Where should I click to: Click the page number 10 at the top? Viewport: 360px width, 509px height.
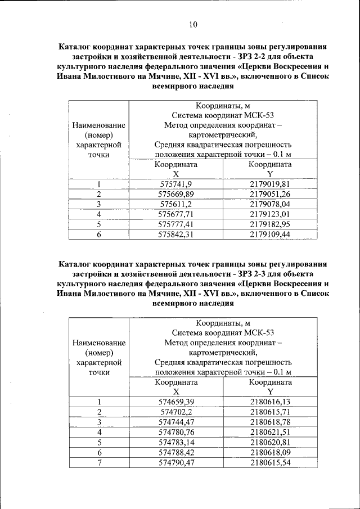click(x=193, y=24)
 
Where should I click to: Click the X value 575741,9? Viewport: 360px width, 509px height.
click(x=175, y=184)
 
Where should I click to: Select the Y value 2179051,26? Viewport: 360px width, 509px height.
click(x=270, y=194)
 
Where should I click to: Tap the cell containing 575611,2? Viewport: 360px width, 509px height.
click(x=175, y=204)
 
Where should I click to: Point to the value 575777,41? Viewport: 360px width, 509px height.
click(x=175, y=224)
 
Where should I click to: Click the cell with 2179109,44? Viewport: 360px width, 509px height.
click(x=270, y=235)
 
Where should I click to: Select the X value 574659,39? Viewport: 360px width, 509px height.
click(x=176, y=402)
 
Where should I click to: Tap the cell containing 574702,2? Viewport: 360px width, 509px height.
click(x=176, y=412)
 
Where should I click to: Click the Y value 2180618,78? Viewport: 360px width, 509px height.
click(x=270, y=422)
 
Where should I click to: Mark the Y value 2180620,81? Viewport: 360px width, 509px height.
click(x=270, y=442)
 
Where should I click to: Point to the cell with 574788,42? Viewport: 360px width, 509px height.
click(x=176, y=452)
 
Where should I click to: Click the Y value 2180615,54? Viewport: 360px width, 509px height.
click(x=270, y=462)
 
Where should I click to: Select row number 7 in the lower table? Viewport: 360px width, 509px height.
click(x=99, y=462)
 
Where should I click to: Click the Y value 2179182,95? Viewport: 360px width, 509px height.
click(x=270, y=224)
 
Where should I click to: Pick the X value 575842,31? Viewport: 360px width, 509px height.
click(x=175, y=235)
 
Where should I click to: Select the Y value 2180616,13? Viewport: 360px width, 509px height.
click(x=270, y=402)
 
